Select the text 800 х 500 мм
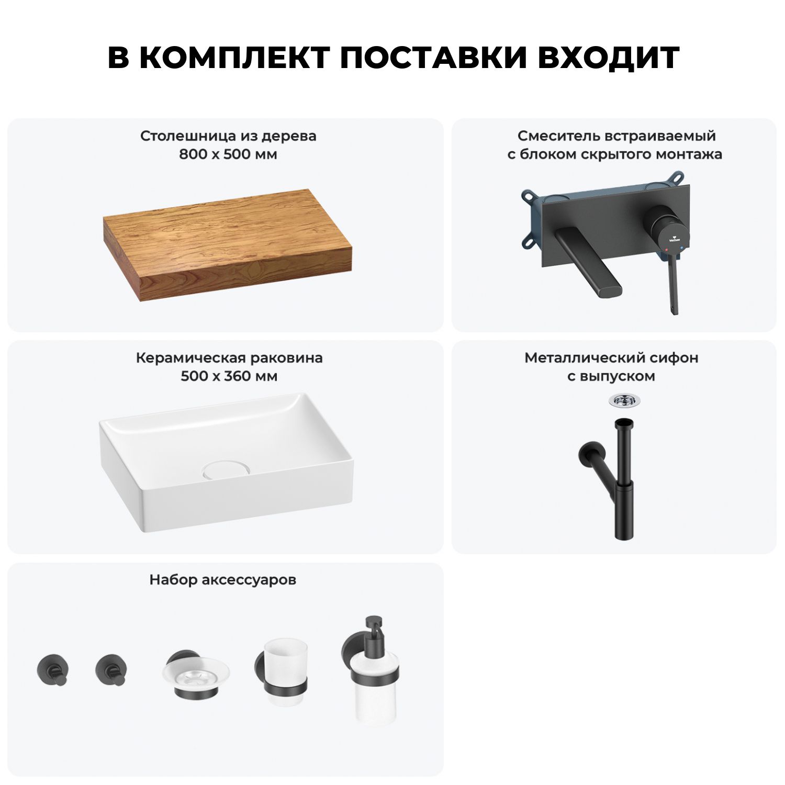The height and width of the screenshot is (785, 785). point(228,154)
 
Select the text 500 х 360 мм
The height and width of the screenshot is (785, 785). point(229,376)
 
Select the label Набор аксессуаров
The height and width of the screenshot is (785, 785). point(223,580)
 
